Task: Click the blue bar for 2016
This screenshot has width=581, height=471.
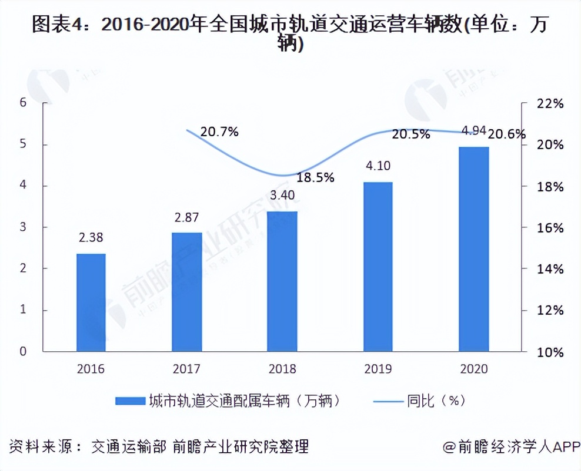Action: click(x=91, y=302)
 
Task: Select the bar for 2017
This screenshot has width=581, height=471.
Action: click(x=187, y=292)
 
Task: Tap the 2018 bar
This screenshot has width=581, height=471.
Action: click(x=282, y=281)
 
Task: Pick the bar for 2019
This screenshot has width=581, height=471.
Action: click(x=378, y=267)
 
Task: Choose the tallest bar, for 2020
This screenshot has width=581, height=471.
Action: click(x=474, y=249)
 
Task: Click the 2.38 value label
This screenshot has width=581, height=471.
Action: click(x=91, y=239)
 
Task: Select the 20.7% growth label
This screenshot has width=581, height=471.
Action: click(x=219, y=132)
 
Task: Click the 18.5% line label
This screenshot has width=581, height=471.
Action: click(x=315, y=177)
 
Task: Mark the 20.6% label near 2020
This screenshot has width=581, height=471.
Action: click(x=507, y=134)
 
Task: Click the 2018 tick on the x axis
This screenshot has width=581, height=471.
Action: click(x=282, y=369)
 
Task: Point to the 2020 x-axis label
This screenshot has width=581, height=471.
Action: click(x=474, y=369)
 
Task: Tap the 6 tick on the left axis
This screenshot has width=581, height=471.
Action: click(x=23, y=103)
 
